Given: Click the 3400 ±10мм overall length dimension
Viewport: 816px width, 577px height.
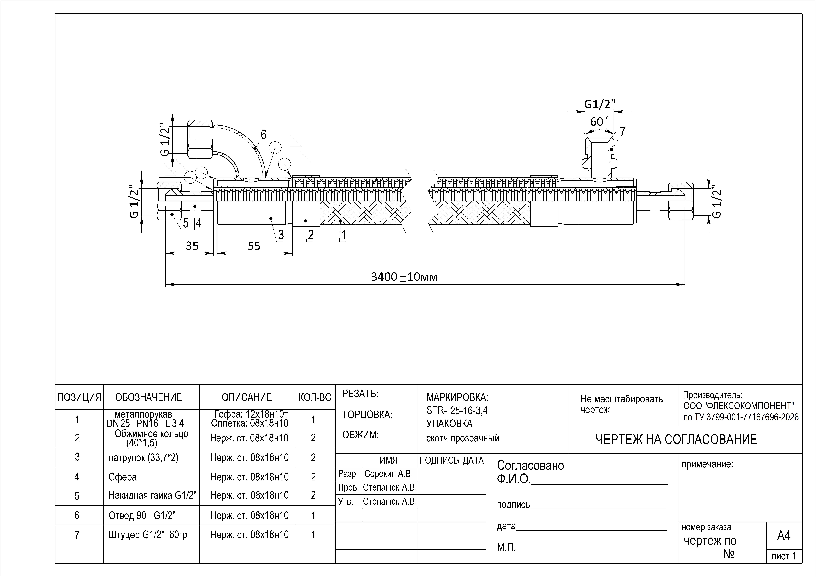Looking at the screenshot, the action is [x=404, y=277].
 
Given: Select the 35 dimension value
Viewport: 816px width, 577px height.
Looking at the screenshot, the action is [x=192, y=246].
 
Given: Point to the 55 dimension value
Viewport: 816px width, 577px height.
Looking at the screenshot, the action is [x=254, y=246].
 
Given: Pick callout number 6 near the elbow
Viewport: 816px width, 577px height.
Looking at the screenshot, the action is [x=263, y=135].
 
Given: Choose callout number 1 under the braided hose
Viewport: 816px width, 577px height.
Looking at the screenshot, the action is [x=343, y=235].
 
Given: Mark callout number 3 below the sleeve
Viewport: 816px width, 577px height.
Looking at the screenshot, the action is [x=281, y=235].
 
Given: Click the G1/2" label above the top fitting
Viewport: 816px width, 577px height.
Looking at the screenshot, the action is [x=600, y=104].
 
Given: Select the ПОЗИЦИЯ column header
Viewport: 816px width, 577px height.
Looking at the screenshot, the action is [x=79, y=397].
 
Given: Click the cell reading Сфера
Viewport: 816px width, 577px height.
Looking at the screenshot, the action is [x=123, y=477].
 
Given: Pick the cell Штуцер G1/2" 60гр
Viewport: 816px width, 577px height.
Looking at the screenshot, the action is [x=148, y=535].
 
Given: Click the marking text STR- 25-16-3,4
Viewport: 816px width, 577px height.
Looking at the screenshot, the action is [x=457, y=411].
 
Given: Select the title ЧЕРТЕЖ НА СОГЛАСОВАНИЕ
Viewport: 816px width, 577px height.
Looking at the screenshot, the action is [x=676, y=440].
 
